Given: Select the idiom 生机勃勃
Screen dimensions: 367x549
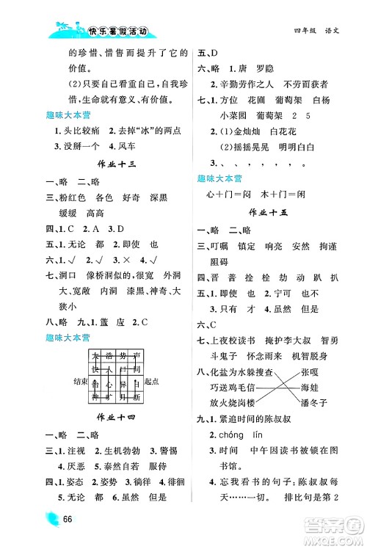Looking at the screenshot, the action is click(x=129, y=449).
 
